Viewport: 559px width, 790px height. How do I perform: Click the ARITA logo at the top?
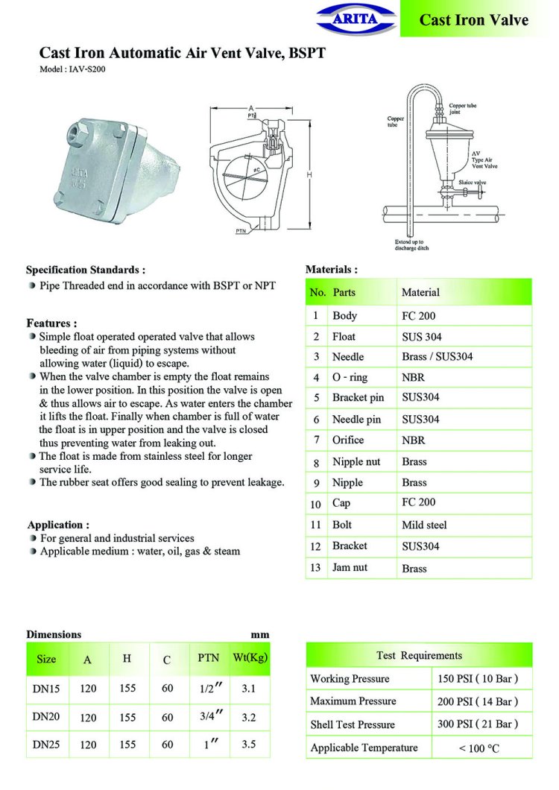[357, 18]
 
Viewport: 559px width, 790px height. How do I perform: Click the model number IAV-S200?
[77, 69]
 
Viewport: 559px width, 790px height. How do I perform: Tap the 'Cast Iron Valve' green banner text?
[473, 20]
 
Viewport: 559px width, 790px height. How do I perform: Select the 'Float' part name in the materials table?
[344, 337]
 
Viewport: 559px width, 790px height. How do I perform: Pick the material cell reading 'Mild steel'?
[424, 525]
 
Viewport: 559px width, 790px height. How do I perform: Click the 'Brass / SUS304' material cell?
[437, 357]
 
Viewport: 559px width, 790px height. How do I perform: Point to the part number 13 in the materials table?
[316, 568]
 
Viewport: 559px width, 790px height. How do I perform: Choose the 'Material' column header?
[420, 293]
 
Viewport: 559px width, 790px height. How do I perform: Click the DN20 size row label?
[46, 717]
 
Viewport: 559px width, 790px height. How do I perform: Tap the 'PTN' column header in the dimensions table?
[209, 658]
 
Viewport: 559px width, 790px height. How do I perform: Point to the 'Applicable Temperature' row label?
[364, 748]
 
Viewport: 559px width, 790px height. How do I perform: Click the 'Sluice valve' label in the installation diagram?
[471, 182]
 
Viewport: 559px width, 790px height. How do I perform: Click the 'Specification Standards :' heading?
[86, 270]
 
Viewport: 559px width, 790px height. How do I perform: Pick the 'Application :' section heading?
[58, 525]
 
